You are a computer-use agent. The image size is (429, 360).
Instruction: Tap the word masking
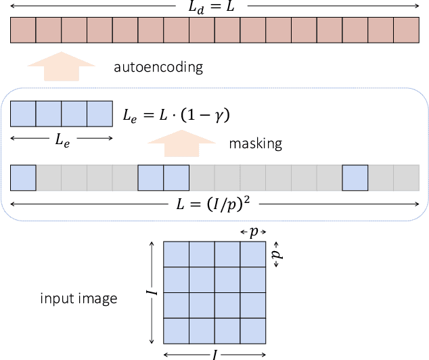click(254, 143)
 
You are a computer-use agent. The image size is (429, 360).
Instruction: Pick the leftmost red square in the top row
click(23, 30)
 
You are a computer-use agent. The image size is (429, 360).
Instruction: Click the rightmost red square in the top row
click(406, 30)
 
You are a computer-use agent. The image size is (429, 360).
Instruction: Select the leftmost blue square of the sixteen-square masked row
click(23, 177)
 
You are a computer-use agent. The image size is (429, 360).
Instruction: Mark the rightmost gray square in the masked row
click(406, 177)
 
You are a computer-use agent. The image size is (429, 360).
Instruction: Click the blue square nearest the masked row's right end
click(355, 177)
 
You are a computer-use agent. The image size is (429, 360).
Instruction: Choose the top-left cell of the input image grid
click(176, 254)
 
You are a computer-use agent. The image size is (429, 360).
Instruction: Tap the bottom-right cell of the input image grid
click(253, 331)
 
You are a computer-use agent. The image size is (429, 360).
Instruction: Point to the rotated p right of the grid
click(276, 254)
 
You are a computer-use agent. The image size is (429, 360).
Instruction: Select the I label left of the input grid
click(154, 292)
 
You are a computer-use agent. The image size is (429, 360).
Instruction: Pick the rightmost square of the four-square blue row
click(99, 114)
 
